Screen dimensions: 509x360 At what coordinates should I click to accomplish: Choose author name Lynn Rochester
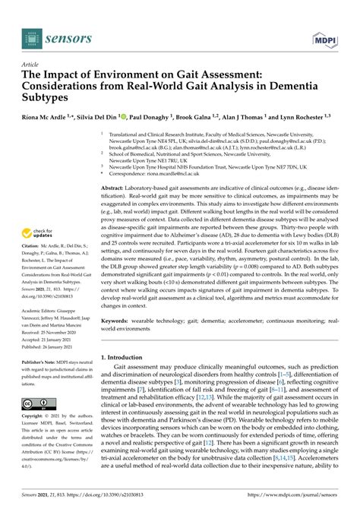[x=302, y=119]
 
